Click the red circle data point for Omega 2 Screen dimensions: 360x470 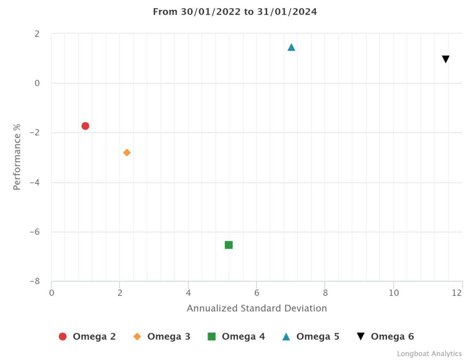pyautogui.click(x=85, y=126)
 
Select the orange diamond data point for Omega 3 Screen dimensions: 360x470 pyautogui.click(x=127, y=153)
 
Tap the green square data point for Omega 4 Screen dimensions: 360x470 pyautogui.click(x=229, y=245)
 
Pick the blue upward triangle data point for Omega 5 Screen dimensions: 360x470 pyautogui.click(x=291, y=47)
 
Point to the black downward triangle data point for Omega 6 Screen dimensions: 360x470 pyautogui.click(x=445, y=60)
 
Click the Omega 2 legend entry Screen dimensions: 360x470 pyautogui.click(x=87, y=337)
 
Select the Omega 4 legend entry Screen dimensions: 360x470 pyautogui.click(x=236, y=337)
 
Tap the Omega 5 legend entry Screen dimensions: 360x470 pyautogui.click(x=311, y=337)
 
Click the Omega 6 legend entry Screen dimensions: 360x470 pyautogui.click(x=385, y=337)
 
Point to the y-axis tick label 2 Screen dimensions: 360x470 pyautogui.click(x=37, y=34)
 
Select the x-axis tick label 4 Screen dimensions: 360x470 pyautogui.click(x=188, y=293)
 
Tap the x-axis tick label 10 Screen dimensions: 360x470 pyautogui.click(x=393, y=293)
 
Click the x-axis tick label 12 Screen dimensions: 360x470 pyautogui.click(x=457, y=293)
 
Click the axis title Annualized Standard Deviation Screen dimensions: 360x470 pyautogui.click(x=257, y=308)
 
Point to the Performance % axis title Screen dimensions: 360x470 pyautogui.click(x=17, y=157)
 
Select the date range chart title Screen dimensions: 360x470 pyautogui.click(x=235, y=12)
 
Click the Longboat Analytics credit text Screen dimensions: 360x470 pyautogui.click(x=429, y=354)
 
